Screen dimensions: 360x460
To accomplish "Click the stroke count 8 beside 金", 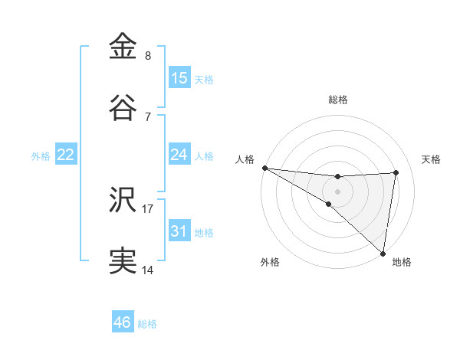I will (148, 55).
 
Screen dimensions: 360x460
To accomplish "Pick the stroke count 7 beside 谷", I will (148, 116).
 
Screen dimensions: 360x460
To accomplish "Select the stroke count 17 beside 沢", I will (148, 208).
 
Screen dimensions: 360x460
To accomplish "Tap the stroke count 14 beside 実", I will (148, 270).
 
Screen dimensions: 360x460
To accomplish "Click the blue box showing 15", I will (179, 77).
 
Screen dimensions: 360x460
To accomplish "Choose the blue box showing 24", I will (179, 154).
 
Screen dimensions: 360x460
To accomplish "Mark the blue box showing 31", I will (179, 231).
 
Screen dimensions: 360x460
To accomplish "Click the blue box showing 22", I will (66, 154).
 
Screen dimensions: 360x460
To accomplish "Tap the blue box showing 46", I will (123, 322).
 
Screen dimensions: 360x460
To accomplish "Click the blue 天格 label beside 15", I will (204, 79).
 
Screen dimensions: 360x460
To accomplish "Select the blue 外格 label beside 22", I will (41, 155).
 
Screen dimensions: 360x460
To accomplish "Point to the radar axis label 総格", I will (338, 100).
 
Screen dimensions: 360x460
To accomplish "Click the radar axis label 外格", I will (270, 262).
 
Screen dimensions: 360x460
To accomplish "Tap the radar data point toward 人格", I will (264, 168).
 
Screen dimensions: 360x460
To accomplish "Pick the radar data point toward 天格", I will (396, 172).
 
